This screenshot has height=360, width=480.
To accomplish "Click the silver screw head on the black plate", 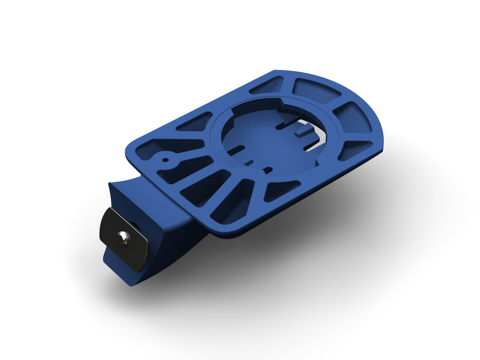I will (x=123, y=240).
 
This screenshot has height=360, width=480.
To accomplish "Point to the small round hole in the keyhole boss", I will (x=164, y=160).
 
